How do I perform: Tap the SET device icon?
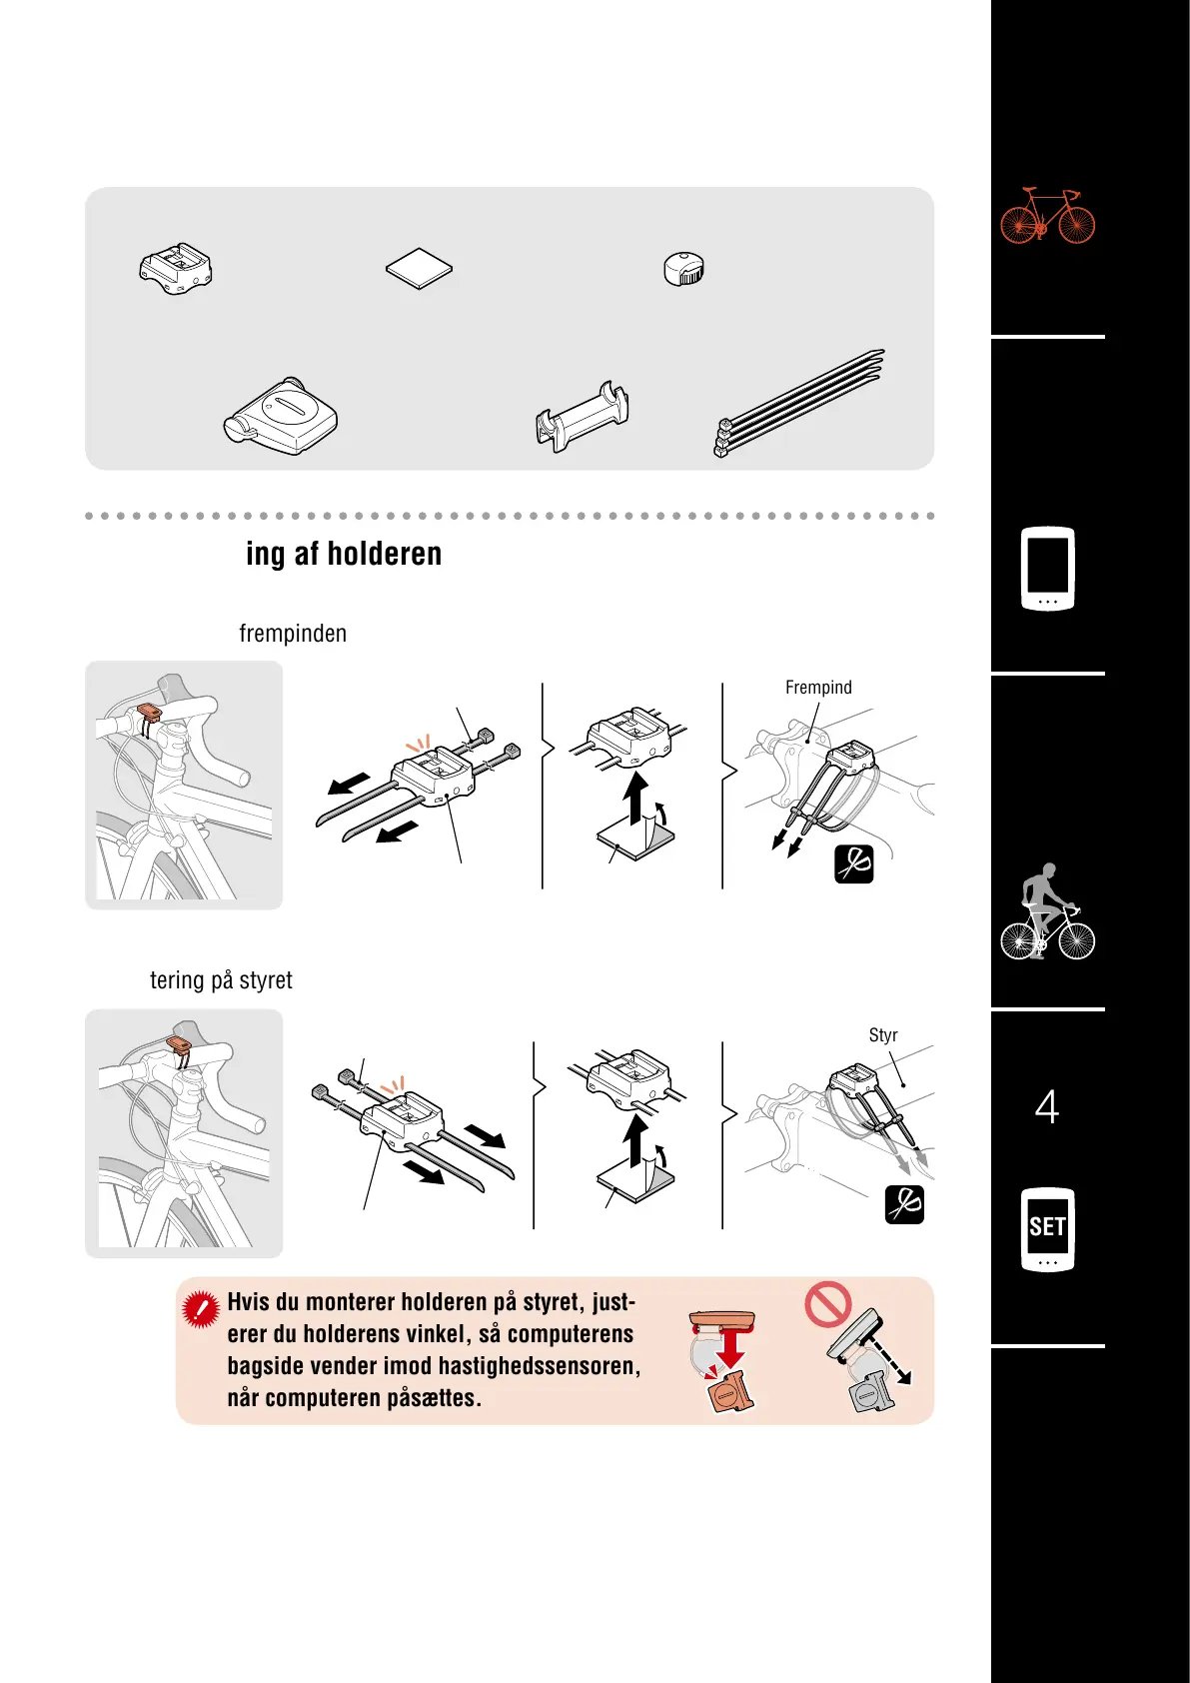pyautogui.click(x=1047, y=1229)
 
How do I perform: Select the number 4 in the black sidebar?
pyautogui.click(x=1046, y=1106)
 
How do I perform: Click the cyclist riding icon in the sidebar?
pyautogui.click(x=1047, y=910)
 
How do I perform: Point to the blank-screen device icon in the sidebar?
pyautogui.click(x=1047, y=569)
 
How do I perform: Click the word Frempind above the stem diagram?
pyautogui.click(x=818, y=688)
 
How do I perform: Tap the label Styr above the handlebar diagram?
pyautogui.click(x=882, y=1035)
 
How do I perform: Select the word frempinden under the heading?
pyautogui.click(x=293, y=634)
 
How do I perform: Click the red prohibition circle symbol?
pyautogui.click(x=828, y=1303)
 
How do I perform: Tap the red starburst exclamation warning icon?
pyautogui.click(x=201, y=1309)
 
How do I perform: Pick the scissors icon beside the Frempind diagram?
pyautogui.click(x=854, y=864)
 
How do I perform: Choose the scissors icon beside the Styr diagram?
pyautogui.click(x=904, y=1204)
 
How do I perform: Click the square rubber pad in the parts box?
pyautogui.click(x=419, y=268)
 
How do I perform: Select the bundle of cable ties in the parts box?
pyautogui.click(x=799, y=404)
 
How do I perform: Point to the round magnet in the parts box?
pyautogui.click(x=683, y=268)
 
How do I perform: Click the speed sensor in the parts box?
pyautogui.click(x=281, y=416)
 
